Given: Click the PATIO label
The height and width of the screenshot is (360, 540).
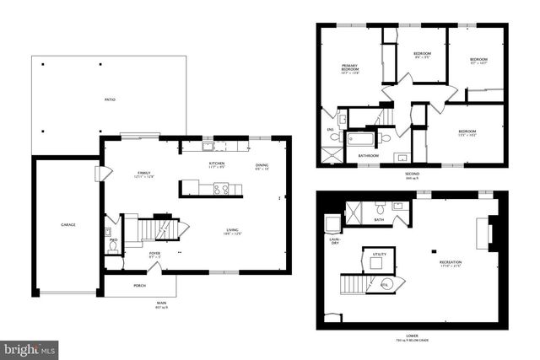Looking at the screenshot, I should (x=111, y=100).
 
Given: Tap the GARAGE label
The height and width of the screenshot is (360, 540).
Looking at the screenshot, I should (x=68, y=225).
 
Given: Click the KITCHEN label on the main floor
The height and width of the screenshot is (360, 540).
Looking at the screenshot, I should (x=217, y=164).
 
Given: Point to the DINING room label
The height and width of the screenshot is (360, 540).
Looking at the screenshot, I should (x=262, y=166).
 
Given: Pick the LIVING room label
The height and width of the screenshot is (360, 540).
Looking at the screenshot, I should (x=232, y=232).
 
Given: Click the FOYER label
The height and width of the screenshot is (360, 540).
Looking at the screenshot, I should (x=155, y=253).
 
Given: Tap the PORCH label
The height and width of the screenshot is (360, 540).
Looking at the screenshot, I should (x=139, y=286).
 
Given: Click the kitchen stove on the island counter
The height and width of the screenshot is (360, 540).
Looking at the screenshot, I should (x=221, y=190).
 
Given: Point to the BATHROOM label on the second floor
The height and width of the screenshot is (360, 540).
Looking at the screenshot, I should (x=368, y=156).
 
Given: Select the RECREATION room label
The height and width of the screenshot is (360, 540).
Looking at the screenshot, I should (x=450, y=264).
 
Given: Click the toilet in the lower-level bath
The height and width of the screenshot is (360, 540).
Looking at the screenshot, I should (x=381, y=207).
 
